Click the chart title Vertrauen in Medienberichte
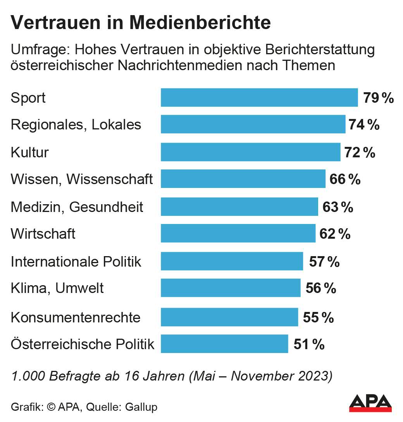pyautogui.click(x=140, y=23)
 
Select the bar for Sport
pyautogui.click(x=259, y=98)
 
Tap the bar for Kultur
pyautogui.click(x=250, y=152)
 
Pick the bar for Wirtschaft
pyautogui.click(x=238, y=234)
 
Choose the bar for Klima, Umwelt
pyautogui.click(x=231, y=288)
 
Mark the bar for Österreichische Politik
pyautogui.click(x=224, y=344)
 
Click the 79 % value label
pyautogui.click(x=378, y=98)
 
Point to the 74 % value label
pyautogui.click(x=364, y=125)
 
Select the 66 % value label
pyautogui.click(x=345, y=179)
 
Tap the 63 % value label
pyautogui.click(x=338, y=207)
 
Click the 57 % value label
pyautogui.click(x=324, y=262)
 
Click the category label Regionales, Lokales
pyautogui.click(x=76, y=125)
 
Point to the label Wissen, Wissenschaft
pyautogui.click(x=82, y=179)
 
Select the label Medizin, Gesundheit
pyautogui.click(x=77, y=207)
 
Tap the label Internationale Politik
pyautogui.click(x=76, y=262)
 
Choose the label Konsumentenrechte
pyautogui.click(x=76, y=318)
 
